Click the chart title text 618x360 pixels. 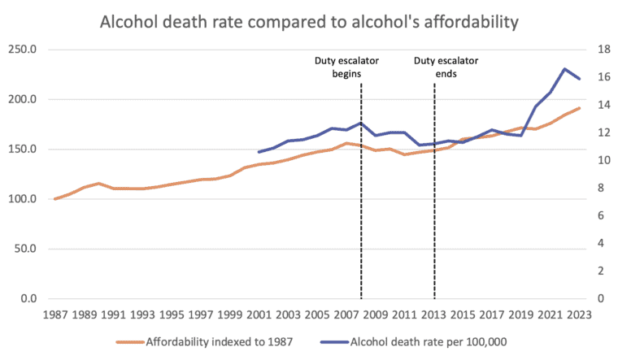click(308, 22)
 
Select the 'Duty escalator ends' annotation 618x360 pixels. click(446, 67)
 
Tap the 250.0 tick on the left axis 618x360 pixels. click(24, 49)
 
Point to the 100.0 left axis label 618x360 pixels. click(24, 199)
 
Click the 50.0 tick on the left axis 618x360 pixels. click(26, 249)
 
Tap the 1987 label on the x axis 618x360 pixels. click(54, 314)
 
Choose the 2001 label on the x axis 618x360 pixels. click(259, 314)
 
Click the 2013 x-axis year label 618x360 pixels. click(433, 314)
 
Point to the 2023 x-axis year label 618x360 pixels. click(579, 314)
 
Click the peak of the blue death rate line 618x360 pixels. click(564, 69)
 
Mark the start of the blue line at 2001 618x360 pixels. click(259, 152)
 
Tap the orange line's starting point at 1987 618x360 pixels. click(54, 199)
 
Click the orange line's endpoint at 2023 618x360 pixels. click(579, 108)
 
